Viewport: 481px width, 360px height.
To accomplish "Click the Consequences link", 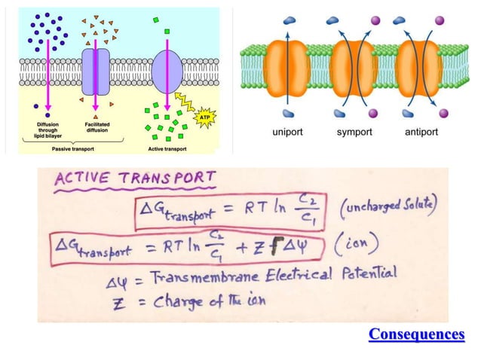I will pos(416,334).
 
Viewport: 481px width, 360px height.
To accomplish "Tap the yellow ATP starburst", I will pos(204,117).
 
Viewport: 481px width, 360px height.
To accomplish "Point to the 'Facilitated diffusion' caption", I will pos(96,128).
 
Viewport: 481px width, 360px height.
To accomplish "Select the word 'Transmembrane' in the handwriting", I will pos(193,276).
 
